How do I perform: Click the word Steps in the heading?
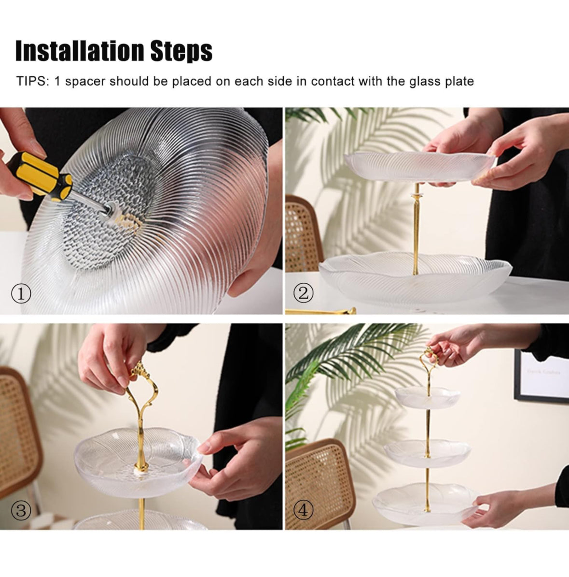point(181,52)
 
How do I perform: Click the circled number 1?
point(21,293)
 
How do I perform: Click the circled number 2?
point(303,293)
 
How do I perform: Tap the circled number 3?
point(21,510)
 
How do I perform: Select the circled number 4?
point(303,510)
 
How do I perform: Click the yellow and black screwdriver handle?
point(39,175)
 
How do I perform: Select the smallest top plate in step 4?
point(428,397)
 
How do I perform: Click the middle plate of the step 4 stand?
point(427,453)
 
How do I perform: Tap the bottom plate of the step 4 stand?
point(426,504)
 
